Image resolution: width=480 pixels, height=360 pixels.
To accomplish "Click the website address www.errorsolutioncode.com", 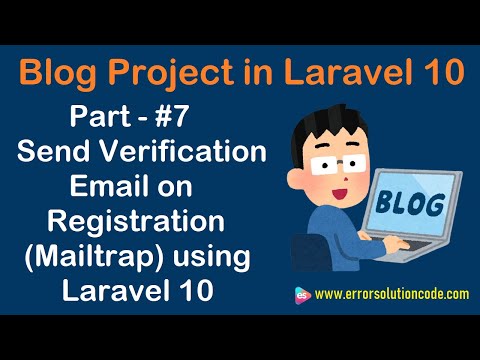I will [x=391, y=295].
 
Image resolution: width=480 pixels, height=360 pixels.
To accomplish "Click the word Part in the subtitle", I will [x=102, y=118].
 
